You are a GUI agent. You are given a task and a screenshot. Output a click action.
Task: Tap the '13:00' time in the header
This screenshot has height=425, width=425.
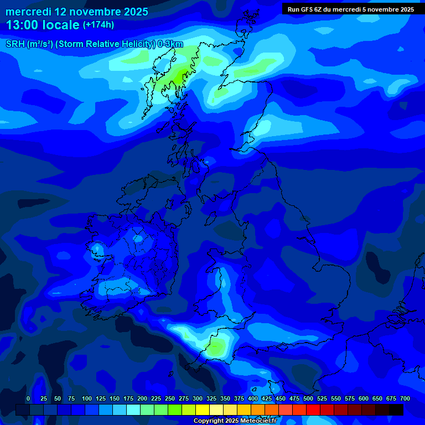21,25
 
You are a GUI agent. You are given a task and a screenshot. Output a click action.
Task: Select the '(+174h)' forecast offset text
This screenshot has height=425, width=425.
99,25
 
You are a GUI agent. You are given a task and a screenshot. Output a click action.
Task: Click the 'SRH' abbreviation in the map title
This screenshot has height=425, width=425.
15,44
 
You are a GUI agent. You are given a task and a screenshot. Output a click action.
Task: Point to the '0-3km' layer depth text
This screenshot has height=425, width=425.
170,44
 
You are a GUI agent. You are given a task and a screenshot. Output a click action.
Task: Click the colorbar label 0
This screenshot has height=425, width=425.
28,399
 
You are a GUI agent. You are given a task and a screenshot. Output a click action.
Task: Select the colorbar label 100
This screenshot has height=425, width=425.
87,399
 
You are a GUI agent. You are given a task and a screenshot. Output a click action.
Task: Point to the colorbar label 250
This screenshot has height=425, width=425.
170,399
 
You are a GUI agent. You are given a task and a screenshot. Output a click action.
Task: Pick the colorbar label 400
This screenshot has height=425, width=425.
253,399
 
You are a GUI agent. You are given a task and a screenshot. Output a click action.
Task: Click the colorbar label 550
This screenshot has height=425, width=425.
336,399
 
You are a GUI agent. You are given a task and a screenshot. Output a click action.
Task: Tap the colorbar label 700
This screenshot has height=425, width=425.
405,399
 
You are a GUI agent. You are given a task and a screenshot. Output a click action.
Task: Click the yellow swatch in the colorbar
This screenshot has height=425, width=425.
203,410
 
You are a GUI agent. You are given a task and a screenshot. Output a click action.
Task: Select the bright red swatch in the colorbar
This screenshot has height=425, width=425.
313,410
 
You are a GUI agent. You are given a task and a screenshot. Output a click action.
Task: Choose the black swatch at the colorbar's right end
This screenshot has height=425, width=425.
396,410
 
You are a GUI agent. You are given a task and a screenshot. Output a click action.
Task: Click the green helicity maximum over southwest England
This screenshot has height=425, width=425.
216,348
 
